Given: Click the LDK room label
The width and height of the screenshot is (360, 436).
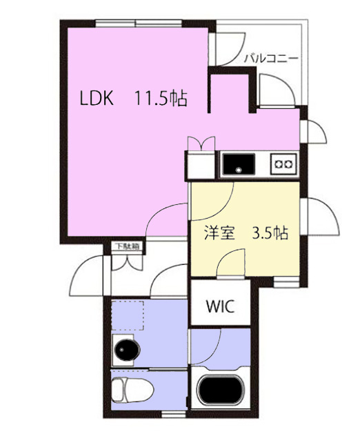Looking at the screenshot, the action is click(x=97, y=98).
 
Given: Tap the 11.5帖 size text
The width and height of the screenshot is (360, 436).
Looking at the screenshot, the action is click(x=161, y=98).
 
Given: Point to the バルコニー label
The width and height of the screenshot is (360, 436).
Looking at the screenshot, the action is click(x=271, y=59).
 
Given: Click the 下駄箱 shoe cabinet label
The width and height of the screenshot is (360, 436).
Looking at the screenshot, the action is click(x=128, y=246).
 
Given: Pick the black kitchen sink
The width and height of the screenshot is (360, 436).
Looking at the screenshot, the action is click(x=239, y=163).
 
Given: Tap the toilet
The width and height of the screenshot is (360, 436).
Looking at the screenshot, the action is click(x=132, y=389).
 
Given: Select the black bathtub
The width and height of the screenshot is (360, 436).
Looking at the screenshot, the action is click(x=221, y=390).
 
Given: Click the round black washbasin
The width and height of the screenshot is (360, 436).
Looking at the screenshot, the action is click(x=128, y=350).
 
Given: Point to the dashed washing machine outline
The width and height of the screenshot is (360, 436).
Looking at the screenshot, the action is click(x=128, y=315).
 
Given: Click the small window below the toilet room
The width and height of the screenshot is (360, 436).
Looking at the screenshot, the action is click(x=173, y=415).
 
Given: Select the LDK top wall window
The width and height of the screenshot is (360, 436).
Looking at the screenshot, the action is click(x=138, y=23).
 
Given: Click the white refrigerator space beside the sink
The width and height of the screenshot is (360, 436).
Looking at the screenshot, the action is click(x=201, y=166).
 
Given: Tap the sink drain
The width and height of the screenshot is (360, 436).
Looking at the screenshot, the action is click(x=239, y=169).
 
